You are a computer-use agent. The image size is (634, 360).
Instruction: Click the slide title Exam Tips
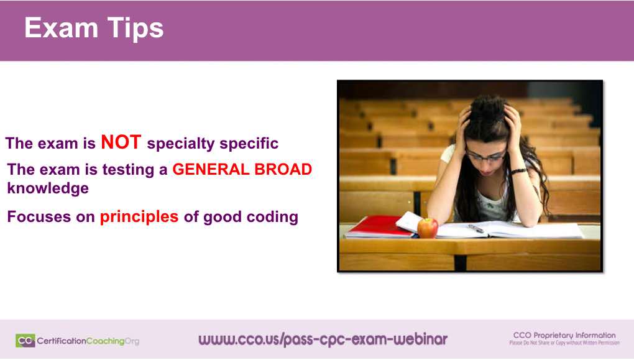(94, 29)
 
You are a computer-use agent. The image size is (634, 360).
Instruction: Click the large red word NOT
(121, 142)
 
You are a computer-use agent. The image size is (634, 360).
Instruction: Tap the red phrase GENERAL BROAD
(242, 170)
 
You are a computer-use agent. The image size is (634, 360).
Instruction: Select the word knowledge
(48, 188)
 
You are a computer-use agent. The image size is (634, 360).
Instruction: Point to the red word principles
(139, 217)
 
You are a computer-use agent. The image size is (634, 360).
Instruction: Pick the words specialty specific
(213, 144)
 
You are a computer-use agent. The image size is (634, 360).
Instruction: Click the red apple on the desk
(428, 228)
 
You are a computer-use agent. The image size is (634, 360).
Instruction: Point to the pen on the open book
(476, 228)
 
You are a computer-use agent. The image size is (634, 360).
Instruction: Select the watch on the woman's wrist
(519, 171)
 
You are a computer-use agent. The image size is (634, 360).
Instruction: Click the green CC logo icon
(25, 340)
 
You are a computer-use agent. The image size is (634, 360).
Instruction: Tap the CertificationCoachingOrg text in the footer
(88, 341)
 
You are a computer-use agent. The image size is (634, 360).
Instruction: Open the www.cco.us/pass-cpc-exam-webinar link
(323, 339)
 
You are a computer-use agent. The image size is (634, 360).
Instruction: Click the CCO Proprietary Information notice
(564, 338)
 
